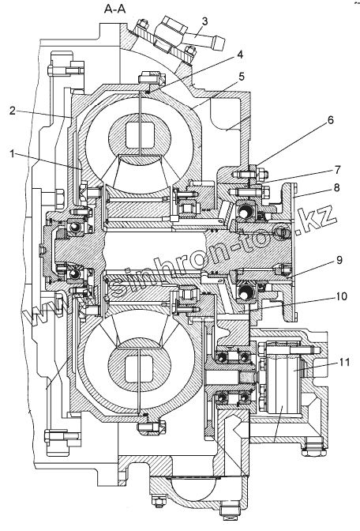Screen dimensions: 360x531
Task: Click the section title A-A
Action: click(114, 9)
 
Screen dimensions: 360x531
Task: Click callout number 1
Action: click(12, 154)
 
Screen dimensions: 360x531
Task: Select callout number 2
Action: click(13, 111)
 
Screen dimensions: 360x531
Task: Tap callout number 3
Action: click(204, 21)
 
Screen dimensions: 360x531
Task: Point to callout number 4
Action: click(239, 55)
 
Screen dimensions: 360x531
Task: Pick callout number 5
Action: click(241, 77)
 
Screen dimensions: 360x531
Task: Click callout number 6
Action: click(330, 120)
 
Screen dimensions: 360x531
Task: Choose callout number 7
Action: click(337, 170)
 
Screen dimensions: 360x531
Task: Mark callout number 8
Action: click(336, 187)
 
